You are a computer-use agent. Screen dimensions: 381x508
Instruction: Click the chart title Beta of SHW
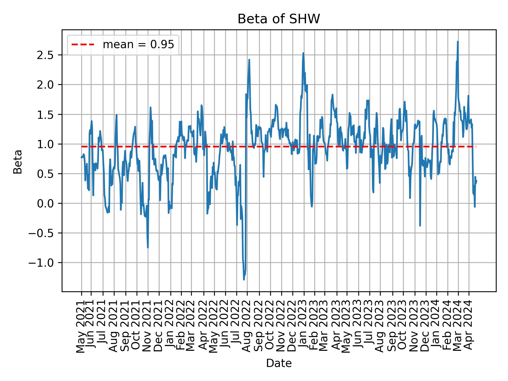tap(279, 19)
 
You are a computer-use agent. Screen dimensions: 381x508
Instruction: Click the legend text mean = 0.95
tap(138, 45)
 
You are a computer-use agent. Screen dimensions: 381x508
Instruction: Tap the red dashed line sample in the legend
tap(83, 45)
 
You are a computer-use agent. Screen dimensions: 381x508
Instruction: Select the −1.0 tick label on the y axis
tap(43, 263)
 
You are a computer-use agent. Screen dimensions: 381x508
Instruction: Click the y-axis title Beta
tap(18, 162)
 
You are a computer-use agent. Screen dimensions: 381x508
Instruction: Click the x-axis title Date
tap(279, 364)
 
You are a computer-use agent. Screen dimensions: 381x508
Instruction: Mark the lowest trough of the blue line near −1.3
tap(244, 279)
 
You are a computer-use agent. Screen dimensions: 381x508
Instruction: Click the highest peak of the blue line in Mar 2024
tap(458, 42)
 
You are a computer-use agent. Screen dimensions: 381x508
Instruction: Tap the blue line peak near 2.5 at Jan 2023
tap(303, 53)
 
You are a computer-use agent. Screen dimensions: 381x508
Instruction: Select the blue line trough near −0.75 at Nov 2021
tap(148, 247)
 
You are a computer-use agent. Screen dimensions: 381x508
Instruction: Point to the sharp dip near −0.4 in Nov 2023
tap(420, 225)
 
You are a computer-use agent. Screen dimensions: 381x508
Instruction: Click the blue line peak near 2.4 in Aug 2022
tap(249, 60)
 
